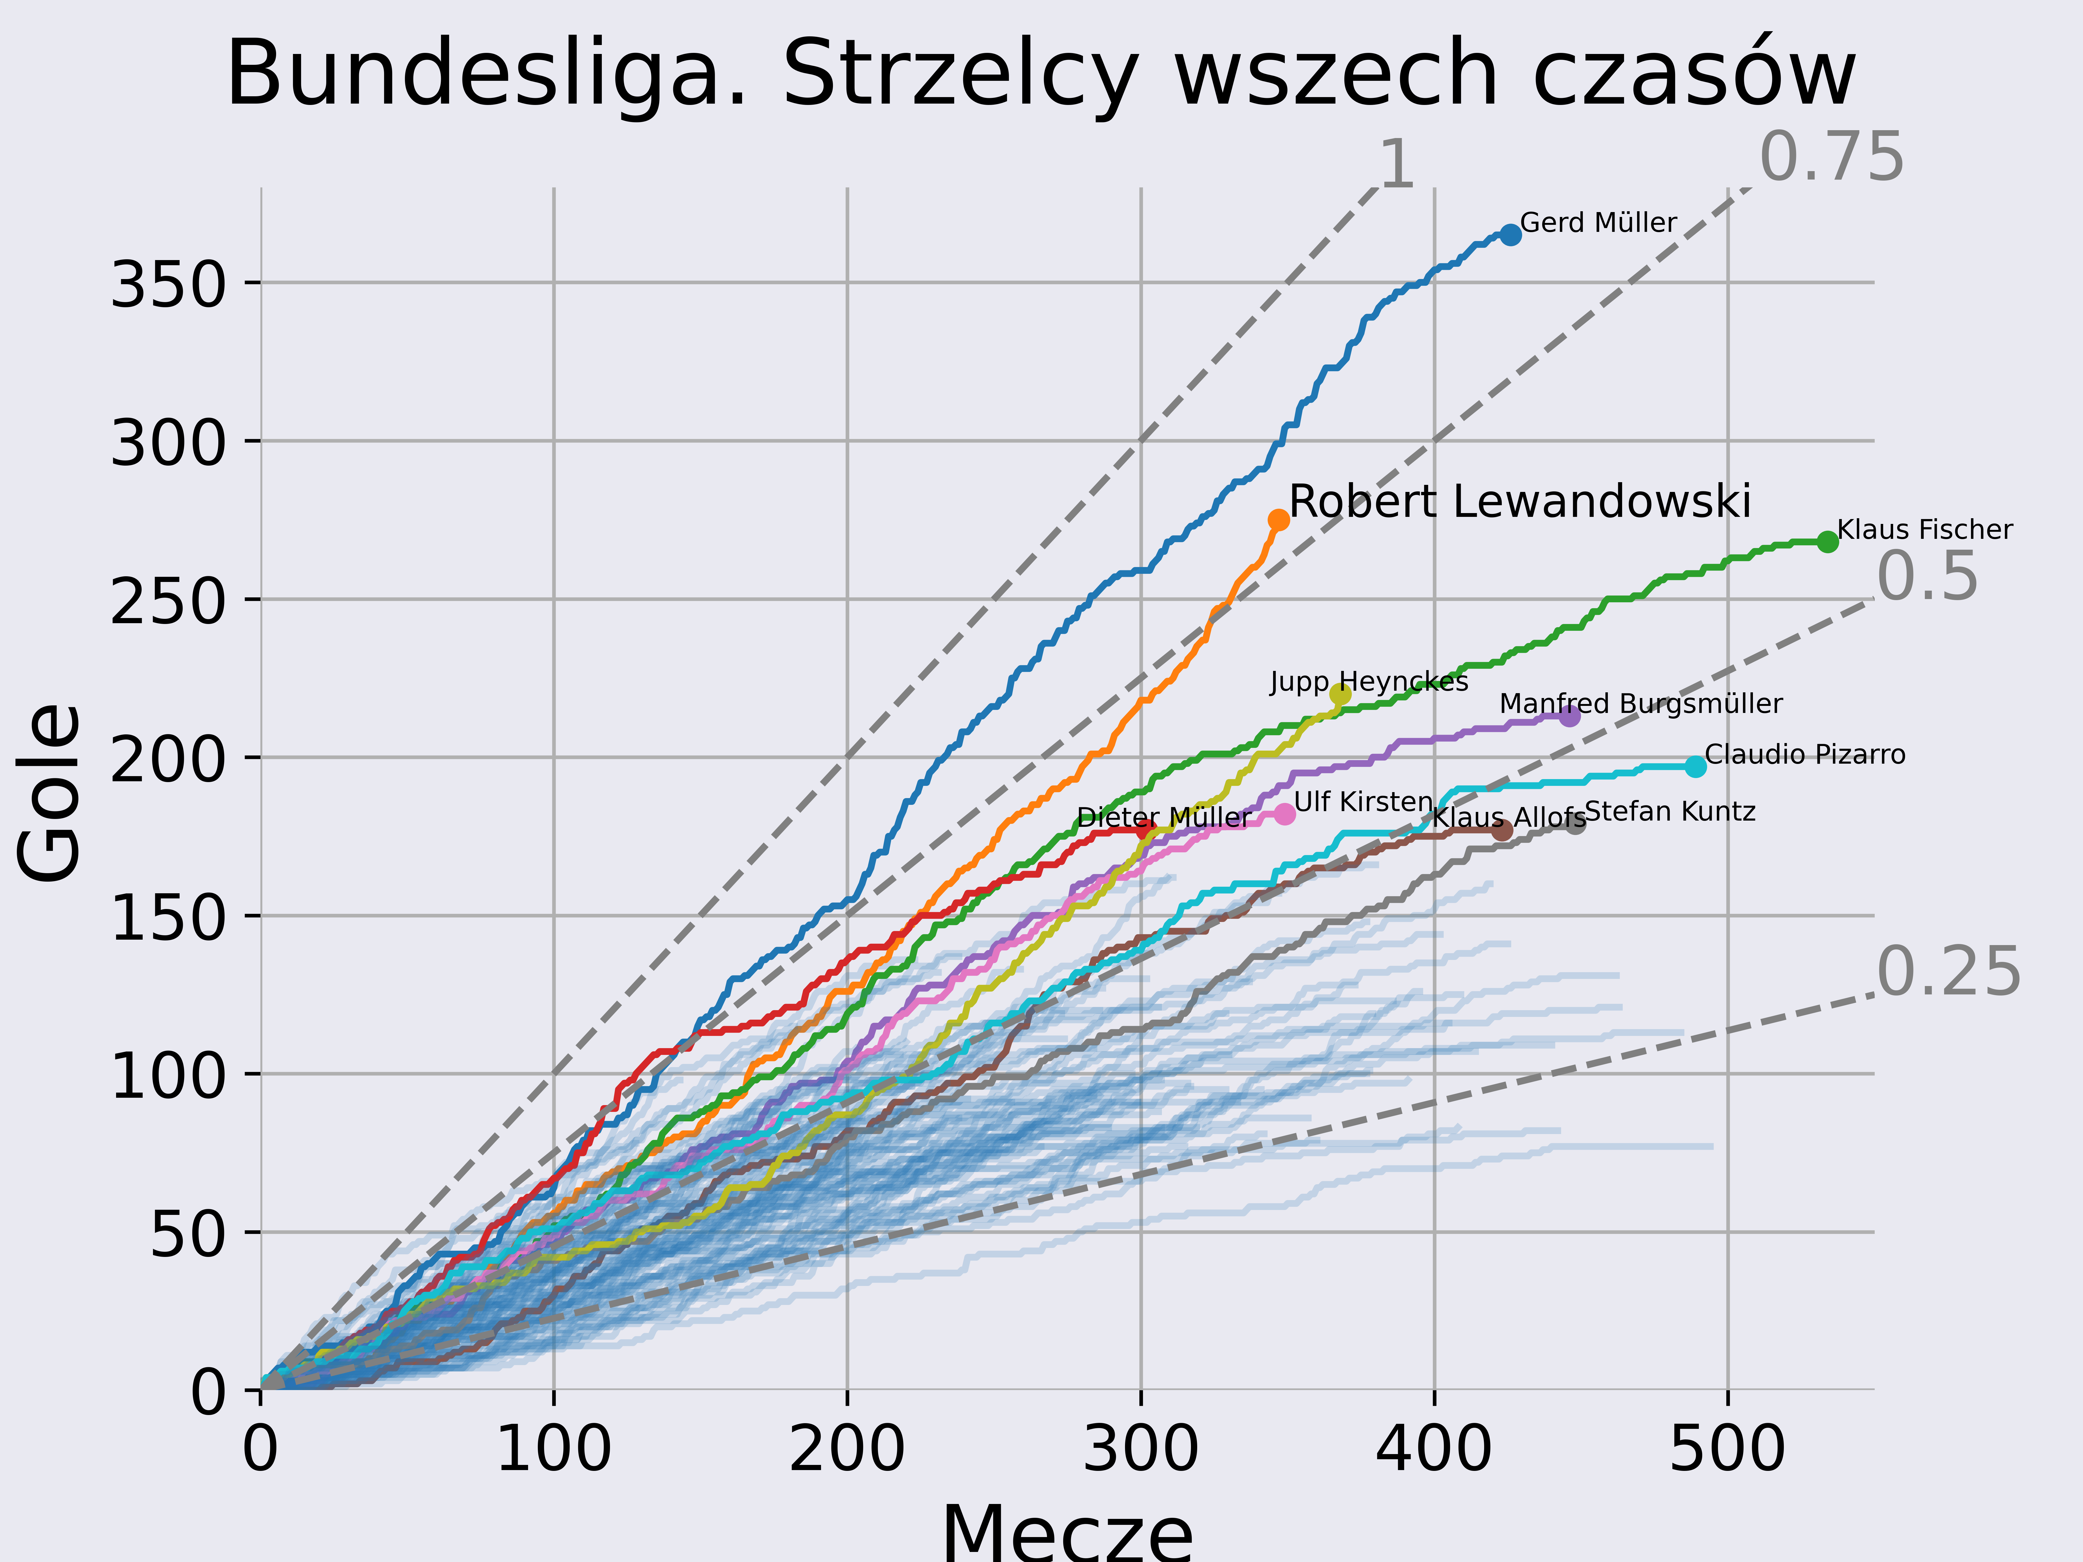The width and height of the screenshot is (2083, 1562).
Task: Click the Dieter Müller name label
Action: (x=1164, y=817)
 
